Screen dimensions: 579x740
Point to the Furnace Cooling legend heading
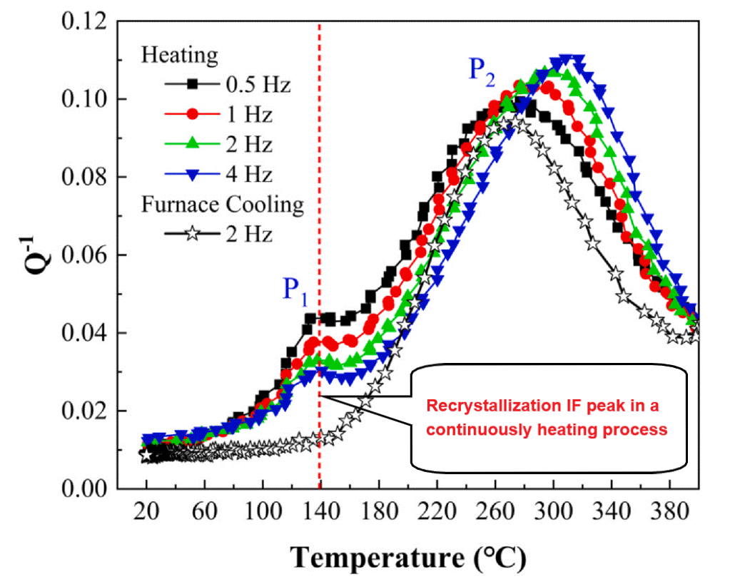click(x=222, y=205)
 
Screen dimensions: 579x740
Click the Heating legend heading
click(x=179, y=55)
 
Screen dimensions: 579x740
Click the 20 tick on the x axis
click(x=146, y=511)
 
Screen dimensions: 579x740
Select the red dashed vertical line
click(x=320, y=178)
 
